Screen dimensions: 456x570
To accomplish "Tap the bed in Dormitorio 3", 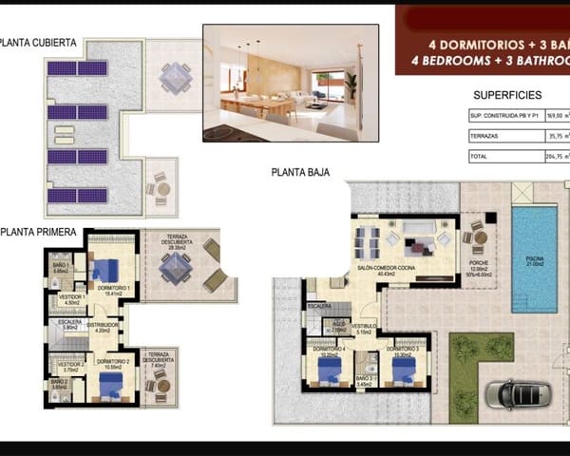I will tap(403, 371).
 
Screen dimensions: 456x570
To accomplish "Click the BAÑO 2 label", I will tap(61, 381).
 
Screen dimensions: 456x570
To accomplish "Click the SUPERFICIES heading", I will tap(506, 95).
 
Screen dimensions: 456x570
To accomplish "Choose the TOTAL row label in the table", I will tap(479, 157).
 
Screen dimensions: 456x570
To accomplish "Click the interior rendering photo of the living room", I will tap(291, 83).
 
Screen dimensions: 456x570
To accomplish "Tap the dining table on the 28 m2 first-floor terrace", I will tap(177, 270).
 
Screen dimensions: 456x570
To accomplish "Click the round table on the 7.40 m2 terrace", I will tap(161, 386).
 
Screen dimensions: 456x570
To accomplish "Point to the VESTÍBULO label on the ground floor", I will tap(365, 332).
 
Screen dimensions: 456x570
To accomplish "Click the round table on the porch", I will tap(480, 236).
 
